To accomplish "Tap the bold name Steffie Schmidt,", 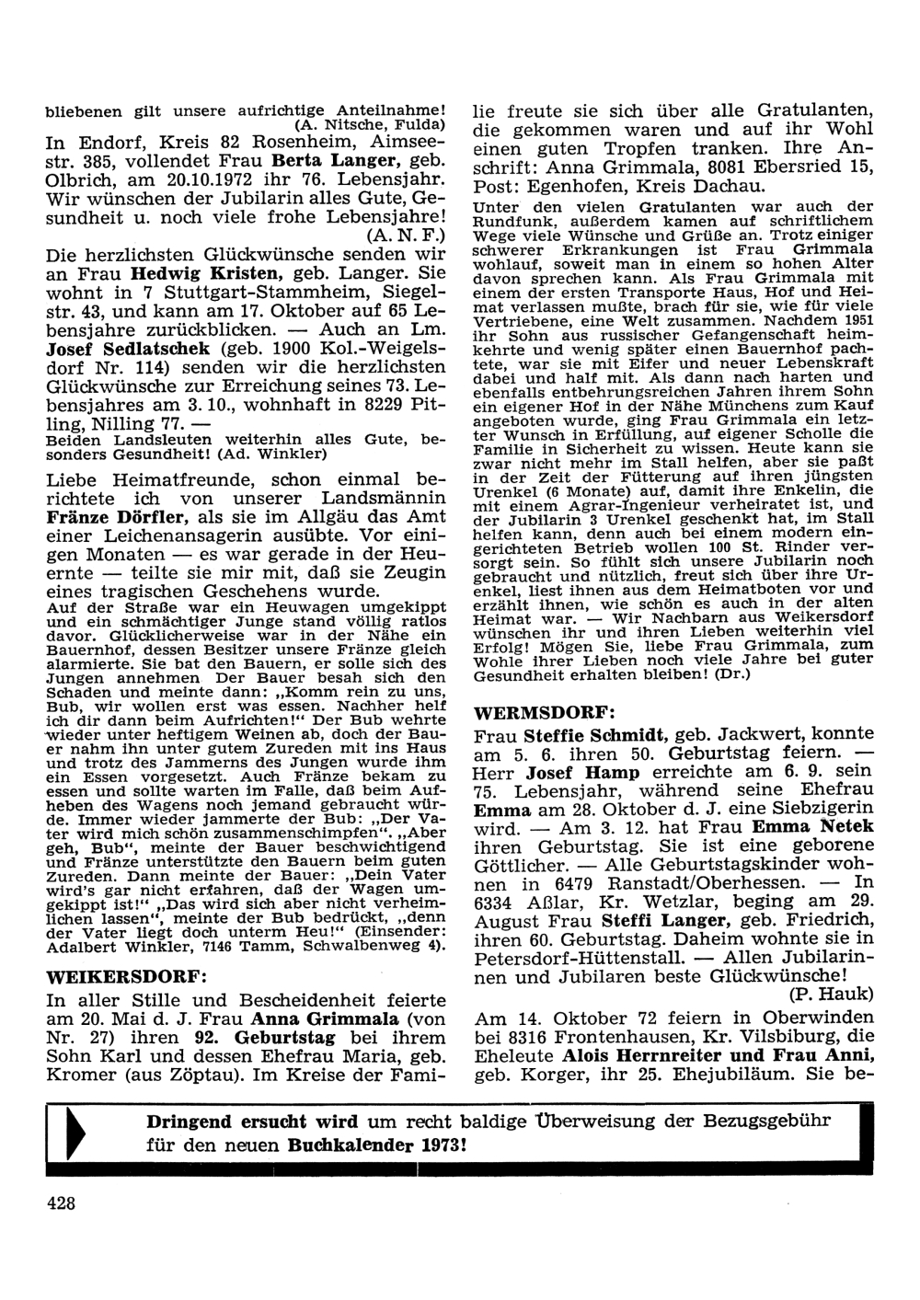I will tap(597, 735).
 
